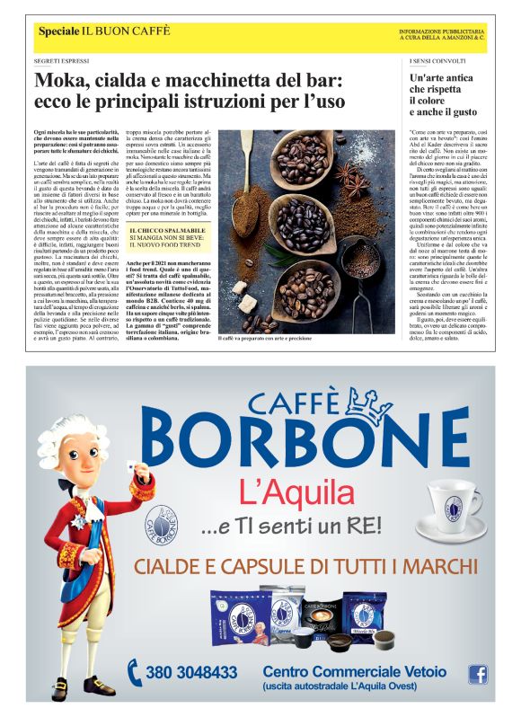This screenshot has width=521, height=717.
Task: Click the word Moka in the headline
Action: [x=60, y=81]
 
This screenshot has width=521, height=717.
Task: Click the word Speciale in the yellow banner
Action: [x=58, y=31]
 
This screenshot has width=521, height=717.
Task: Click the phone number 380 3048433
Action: [x=191, y=671]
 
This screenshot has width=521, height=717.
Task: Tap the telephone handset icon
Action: [x=135, y=671]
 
